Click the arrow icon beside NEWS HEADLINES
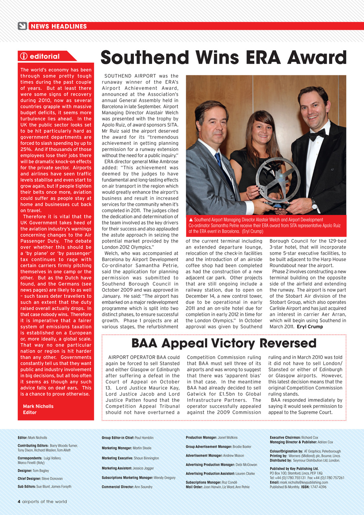[23, 26]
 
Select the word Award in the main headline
[318, 58]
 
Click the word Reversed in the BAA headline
[288, 343]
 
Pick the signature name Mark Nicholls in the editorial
[38, 406]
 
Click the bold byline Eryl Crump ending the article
[310, 327]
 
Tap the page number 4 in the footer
[19, 502]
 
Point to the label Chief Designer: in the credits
[29, 479]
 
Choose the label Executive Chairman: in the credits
[285, 437]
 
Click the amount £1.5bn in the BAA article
[229, 394]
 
